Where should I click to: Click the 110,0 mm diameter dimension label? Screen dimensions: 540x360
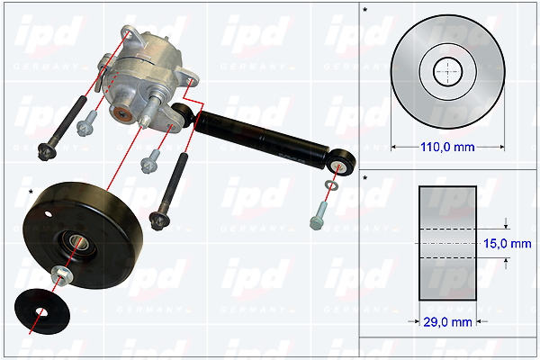coord(447,148)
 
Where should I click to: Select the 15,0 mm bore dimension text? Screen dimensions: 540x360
coord(508,244)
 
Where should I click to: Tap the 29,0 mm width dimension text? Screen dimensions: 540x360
coord(447,322)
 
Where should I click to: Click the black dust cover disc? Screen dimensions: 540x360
coord(42,311)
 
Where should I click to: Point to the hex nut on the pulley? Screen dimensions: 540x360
coord(61,275)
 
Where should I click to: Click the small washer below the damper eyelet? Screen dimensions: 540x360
coord(331,185)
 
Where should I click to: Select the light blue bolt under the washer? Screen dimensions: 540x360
coord(319,216)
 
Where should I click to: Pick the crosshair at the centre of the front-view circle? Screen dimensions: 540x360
coord(447,72)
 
